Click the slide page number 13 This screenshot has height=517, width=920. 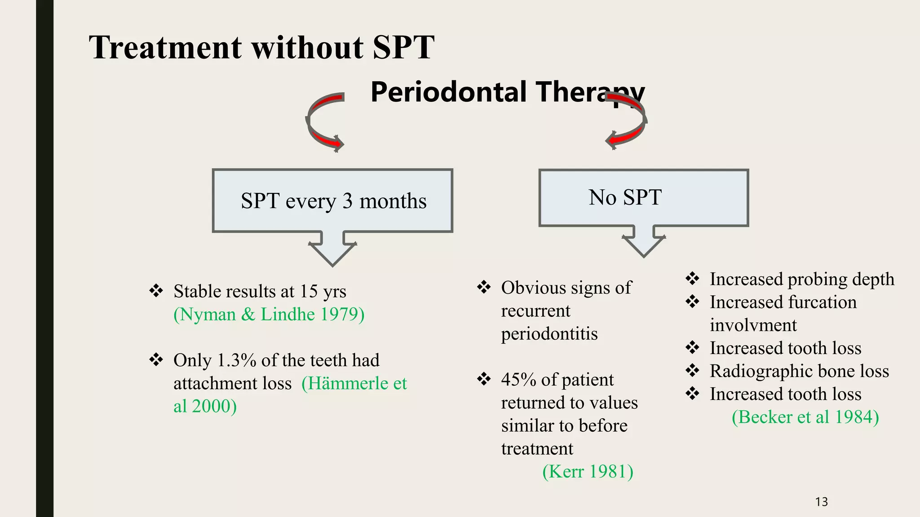point(821,502)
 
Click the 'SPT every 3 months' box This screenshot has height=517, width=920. point(333,201)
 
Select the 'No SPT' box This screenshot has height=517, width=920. point(643,197)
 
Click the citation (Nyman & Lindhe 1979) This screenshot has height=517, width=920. point(269,314)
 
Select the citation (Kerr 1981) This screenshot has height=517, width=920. point(588,472)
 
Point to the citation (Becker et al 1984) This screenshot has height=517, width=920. point(805,417)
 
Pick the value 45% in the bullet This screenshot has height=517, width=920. point(518,380)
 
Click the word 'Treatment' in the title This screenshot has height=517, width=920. point(165,47)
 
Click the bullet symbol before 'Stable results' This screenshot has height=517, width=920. point(156,291)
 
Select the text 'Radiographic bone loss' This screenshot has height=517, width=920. point(799,371)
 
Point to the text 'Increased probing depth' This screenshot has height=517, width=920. point(802,279)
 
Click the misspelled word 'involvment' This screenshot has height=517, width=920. point(753,325)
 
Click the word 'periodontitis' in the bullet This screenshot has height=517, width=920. point(549,333)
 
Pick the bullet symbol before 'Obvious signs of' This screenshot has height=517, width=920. point(484,287)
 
